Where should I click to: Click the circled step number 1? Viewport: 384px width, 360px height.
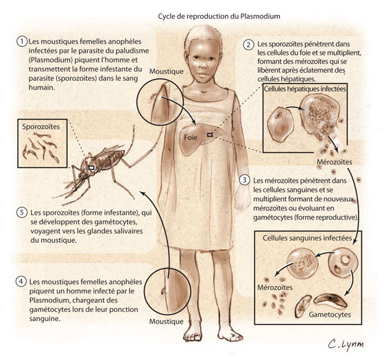[22, 41]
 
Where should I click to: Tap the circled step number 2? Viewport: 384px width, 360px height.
[248, 45]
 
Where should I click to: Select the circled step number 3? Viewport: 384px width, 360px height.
[244, 180]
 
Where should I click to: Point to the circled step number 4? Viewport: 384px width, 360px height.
[21, 281]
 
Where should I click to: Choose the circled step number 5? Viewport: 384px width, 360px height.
[22, 213]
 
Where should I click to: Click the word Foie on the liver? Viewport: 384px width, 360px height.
[191, 137]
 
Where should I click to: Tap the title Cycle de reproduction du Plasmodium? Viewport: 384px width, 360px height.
[219, 16]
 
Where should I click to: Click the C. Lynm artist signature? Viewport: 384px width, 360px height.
[346, 344]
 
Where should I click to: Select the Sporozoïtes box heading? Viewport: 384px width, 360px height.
[41, 127]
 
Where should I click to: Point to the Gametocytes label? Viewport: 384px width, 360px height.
[330, 315]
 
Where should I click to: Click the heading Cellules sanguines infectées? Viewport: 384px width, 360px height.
[307, 238]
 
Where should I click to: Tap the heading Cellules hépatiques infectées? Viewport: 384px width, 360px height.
[305, 88]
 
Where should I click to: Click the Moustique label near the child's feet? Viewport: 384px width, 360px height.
[166, 322]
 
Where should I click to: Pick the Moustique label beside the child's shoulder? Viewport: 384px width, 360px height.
[166, 71]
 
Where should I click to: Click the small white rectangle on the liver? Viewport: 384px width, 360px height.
[210, 134]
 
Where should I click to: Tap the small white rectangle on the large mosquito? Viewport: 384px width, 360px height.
[91, 167]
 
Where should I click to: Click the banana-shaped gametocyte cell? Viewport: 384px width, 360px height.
[330, 300]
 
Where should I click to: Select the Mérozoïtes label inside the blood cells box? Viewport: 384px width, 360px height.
[275, 287]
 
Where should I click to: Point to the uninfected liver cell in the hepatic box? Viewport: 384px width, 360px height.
[280, 123]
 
